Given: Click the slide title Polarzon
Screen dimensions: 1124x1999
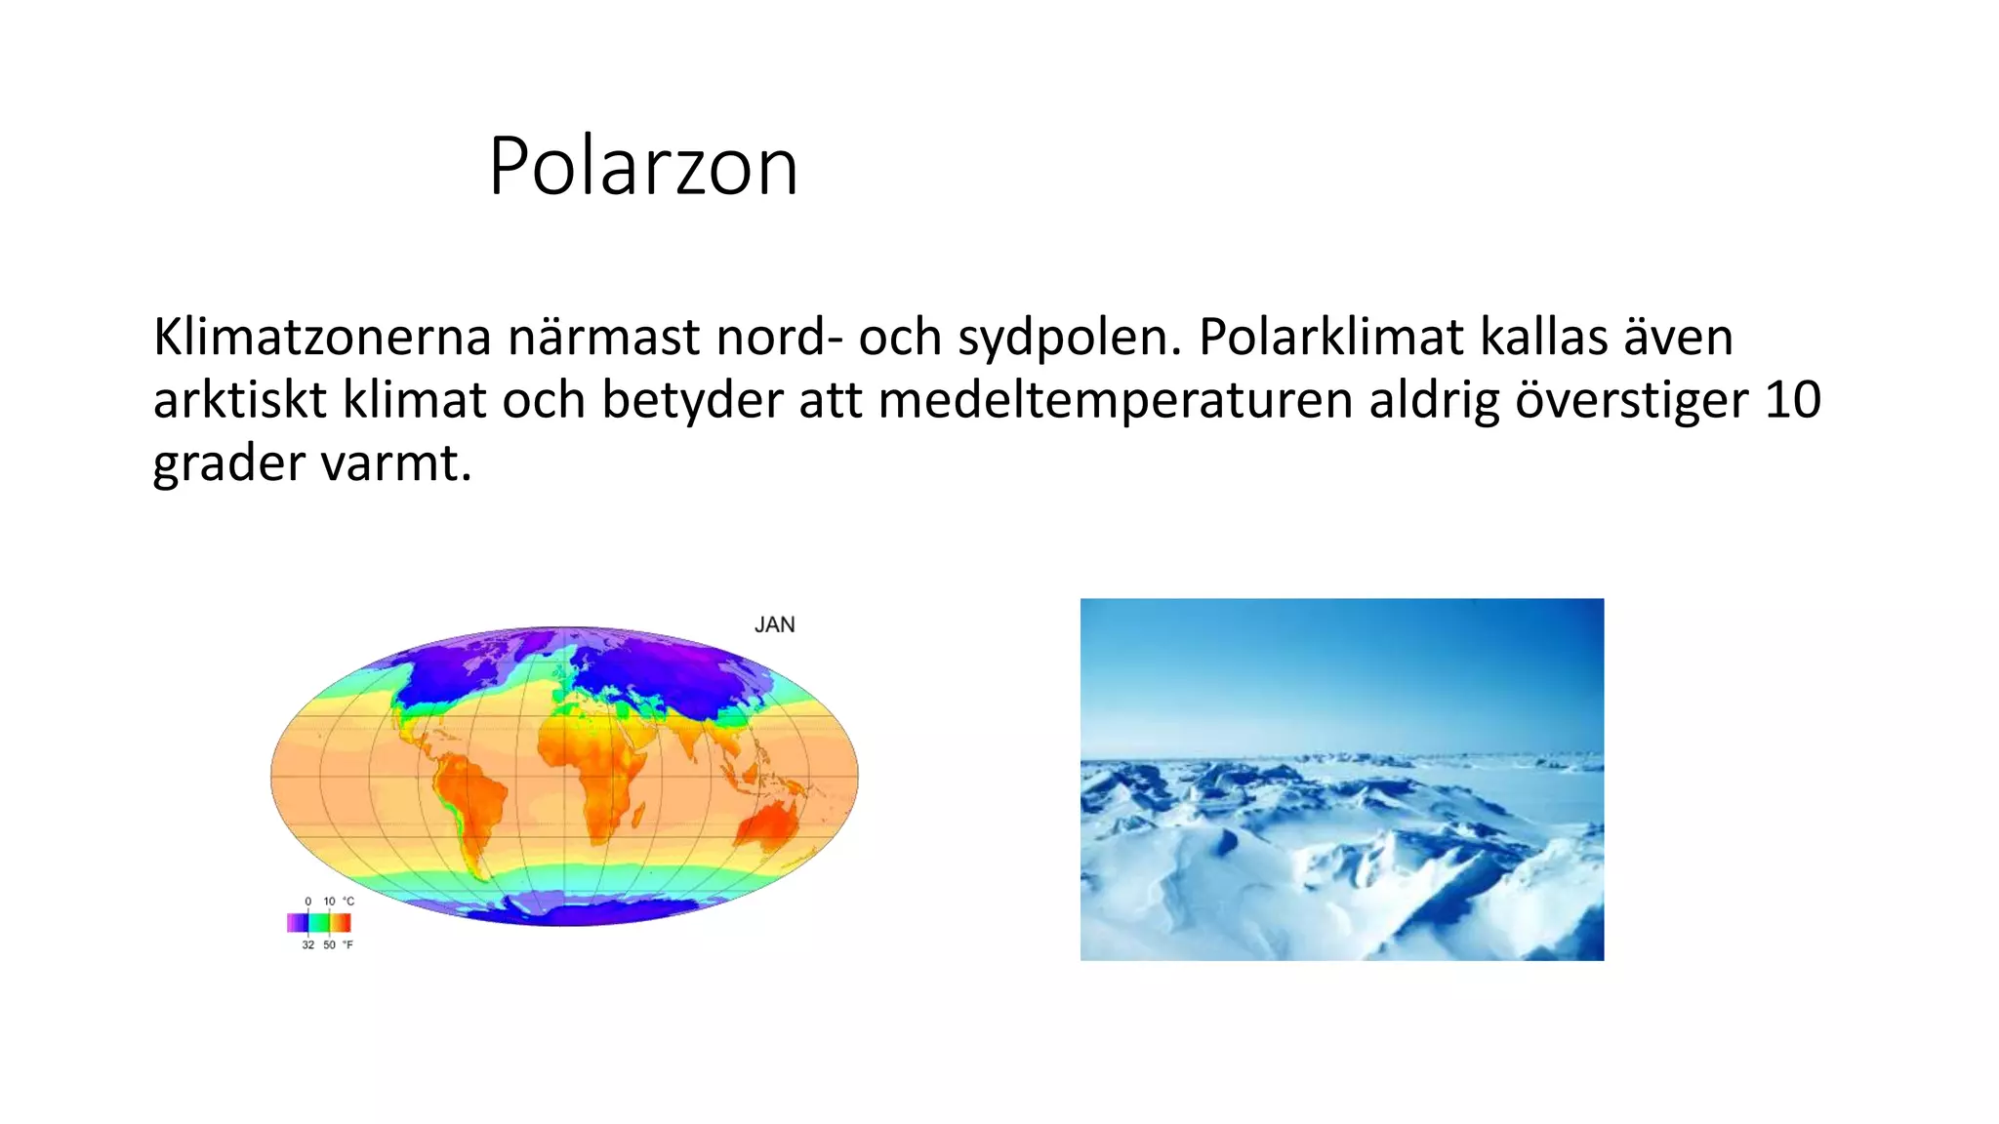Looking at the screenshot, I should click(x=643, y=166).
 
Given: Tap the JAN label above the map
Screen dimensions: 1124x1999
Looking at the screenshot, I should click(x=774, y=624).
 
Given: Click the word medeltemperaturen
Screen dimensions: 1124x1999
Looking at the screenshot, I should click(x=1115, y=401).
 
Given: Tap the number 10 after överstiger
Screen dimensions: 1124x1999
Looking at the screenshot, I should click(x=1792, y=400).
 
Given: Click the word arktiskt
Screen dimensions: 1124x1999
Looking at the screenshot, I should click(x=239, y=401).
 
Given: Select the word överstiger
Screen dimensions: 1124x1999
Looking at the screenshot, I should click(x=1630, y=401).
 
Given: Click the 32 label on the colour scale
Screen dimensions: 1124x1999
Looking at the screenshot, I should click(x=307, y=945).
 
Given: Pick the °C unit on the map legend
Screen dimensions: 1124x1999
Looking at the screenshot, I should click(x=348, y=902).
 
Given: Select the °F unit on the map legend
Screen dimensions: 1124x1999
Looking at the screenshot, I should click(x=347, y=945).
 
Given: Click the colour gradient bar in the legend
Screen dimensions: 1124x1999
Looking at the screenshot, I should click(x=318, y=922).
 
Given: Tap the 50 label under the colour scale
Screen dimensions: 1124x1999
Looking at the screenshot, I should click(x=329, y=945).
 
